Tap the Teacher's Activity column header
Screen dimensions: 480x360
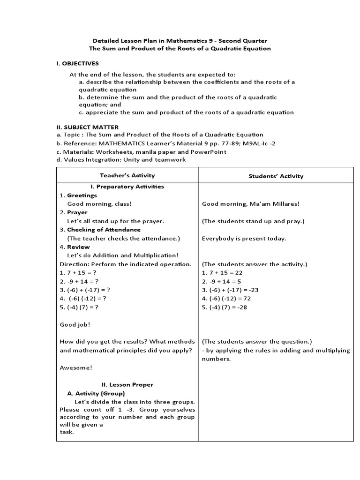click(x=127, y=175)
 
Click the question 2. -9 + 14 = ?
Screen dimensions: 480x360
click(x=79, y=281)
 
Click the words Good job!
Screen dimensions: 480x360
click(x=75, y=324)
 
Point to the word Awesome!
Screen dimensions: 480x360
click(x=76, y=367)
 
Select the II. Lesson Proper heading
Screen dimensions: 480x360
click(x=127, y=385)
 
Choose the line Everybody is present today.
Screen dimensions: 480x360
click(x=244, y=238)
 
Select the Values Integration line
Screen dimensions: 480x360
click(x=120, y=160)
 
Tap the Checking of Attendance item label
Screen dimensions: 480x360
click(x=104, y=230)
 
